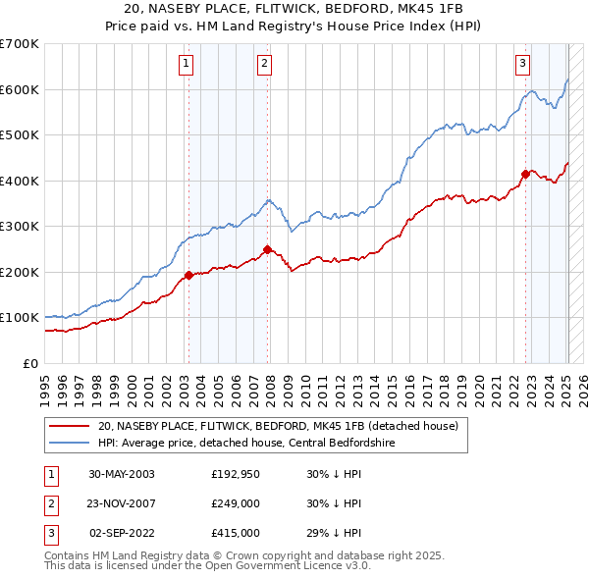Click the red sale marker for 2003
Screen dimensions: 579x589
click(x=189, y=276)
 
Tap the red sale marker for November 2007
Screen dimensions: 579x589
click(x=267, y=249)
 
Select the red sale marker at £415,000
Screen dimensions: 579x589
click(x=525, y=174)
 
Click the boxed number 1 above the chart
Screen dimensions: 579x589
click(x=187, y=65)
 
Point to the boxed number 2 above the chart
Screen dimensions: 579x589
click(x=265, y=65)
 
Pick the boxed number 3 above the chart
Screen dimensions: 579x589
click(x=523, y=65)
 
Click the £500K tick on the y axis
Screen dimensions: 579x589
click(x=20, y=135)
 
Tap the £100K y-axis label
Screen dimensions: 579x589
click(x=20, y=318)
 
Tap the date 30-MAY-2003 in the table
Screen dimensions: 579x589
click(x=122, y=473)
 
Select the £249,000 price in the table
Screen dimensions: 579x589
click(x=236, y=503)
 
